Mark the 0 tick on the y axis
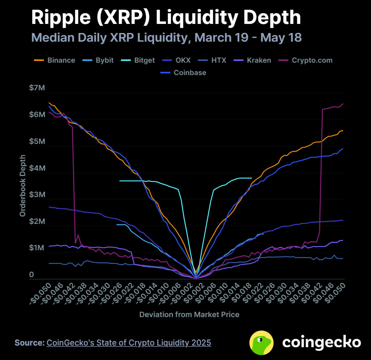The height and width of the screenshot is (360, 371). coord(31,275)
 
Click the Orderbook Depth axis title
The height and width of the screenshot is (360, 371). coord(23,186)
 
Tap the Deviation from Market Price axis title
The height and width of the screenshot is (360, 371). coord(189,315)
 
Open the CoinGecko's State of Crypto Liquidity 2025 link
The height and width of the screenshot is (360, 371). coord(129,343)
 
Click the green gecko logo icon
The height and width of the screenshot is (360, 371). coord(262,343)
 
